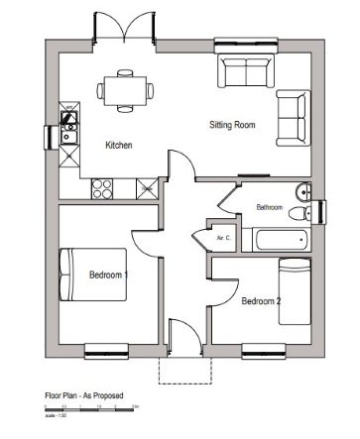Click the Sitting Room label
coord(232,126)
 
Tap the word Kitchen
coord(119,146)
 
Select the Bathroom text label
coord(269,207)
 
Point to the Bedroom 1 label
coord(108,274)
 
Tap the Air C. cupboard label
coord(223,238)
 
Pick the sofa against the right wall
coord(293,116)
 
